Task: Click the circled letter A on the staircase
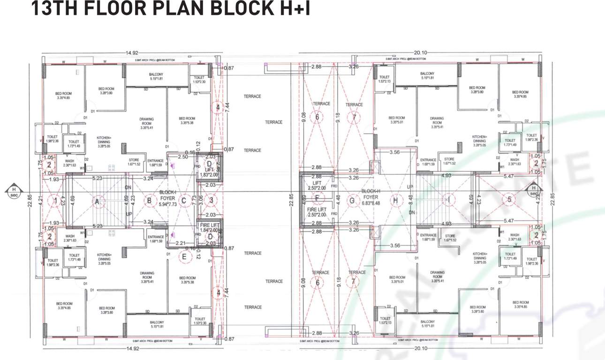click(97, 202)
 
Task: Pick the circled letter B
click(149, 202)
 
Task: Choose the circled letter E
click(184, 256)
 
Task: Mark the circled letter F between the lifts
click(318, 198)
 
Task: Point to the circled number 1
click(55, 202)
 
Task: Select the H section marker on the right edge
click(534, 191)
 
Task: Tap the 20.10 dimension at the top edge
click(420, 53)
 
